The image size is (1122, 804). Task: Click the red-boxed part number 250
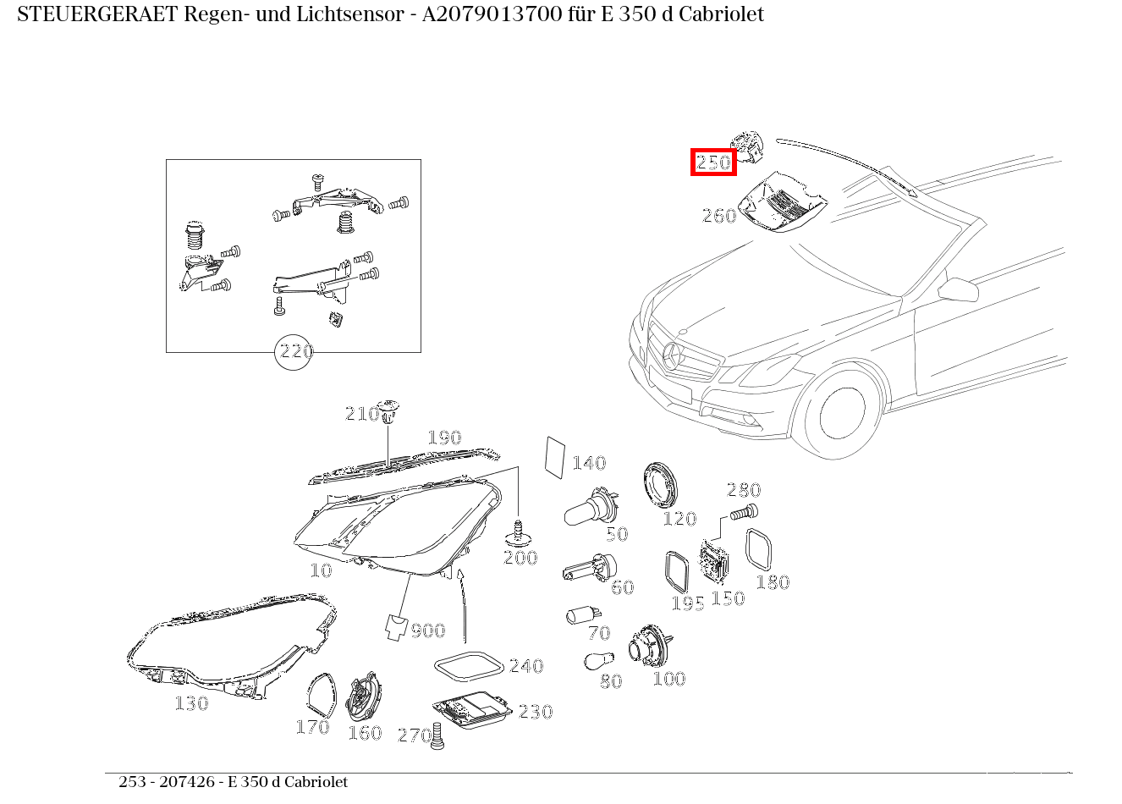click(713, 162)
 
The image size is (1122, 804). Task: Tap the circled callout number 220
click(295, 351)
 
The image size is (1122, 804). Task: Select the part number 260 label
click(718, 216)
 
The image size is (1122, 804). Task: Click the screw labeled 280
click(744, 511)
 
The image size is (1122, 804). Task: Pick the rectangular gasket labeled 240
click(467, 666)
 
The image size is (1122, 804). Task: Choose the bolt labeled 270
click(437, 735)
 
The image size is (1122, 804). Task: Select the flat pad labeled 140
click(555, 458)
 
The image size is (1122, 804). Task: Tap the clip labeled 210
click(388, 410)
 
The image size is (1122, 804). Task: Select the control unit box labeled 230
click(472, 709)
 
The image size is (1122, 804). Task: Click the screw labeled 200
click(517, 533)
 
